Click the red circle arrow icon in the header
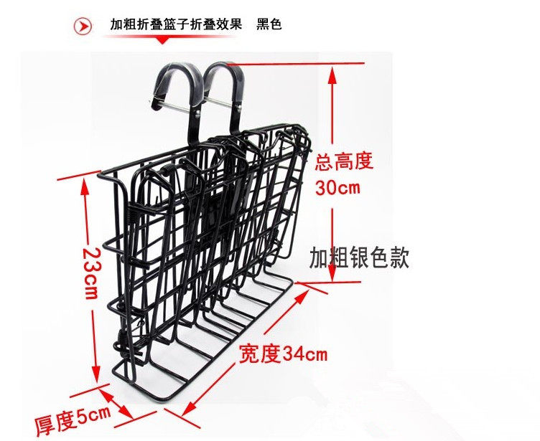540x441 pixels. pos(83,25)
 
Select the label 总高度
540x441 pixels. pos(345,161)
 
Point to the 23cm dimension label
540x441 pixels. pos(90,274)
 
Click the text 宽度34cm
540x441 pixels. pos(284,354)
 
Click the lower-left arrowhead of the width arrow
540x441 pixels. pos(188,409)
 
